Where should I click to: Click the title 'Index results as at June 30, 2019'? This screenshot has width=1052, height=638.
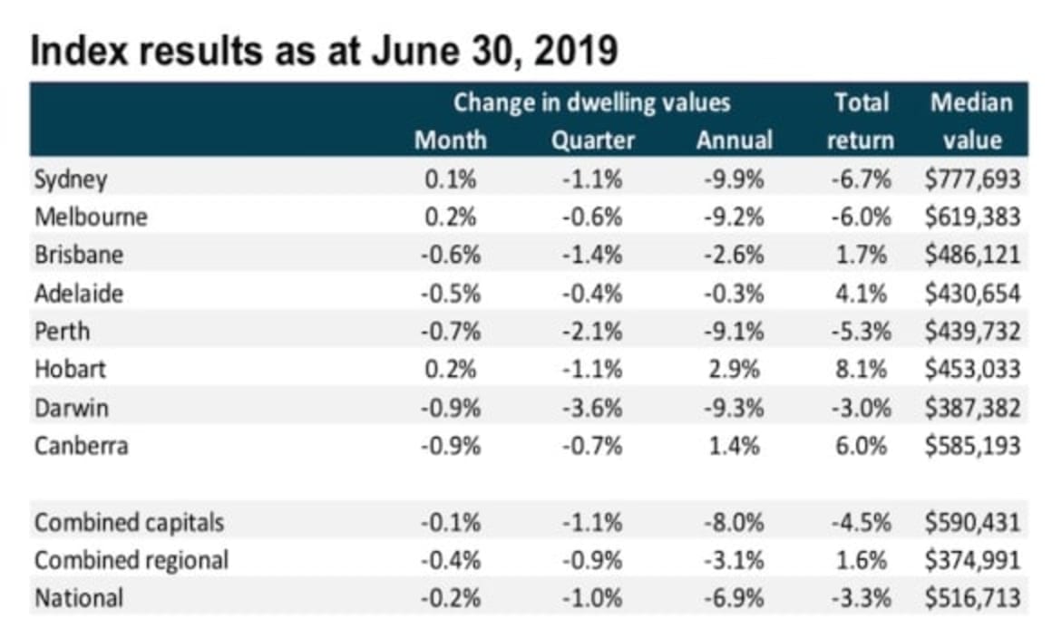click(x=324, y=53)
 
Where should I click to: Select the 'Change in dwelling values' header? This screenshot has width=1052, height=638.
click(x=591, y=102)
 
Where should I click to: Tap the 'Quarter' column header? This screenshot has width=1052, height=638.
click(x=593, y=140)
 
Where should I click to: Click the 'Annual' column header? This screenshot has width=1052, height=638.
click(x=735, y=140)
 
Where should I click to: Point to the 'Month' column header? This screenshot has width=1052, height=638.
click(x=450, y=140)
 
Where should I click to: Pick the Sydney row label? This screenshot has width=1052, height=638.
click(x=71, y=179)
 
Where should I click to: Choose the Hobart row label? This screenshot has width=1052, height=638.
click(x=70, y=370)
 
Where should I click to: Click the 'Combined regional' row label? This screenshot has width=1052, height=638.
click(x=131, y=561)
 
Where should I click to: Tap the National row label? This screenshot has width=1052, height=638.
click(x=78, y=599)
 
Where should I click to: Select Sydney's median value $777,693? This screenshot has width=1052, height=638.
click(x=972, y=179)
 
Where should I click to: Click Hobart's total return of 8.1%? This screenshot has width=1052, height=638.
click(x=860, y=370)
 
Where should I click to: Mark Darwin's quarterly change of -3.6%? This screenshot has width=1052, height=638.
click(x=593, y=408)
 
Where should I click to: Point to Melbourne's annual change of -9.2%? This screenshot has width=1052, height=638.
click(x=734, y=217)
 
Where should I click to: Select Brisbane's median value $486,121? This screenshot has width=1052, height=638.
click(x=972, y=256)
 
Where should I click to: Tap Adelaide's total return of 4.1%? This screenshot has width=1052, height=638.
click(x=860, y=294)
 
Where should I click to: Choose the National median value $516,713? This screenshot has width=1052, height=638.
click(x=972, y=599)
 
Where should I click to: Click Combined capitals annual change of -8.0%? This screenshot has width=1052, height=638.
click(x=734, y=523)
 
